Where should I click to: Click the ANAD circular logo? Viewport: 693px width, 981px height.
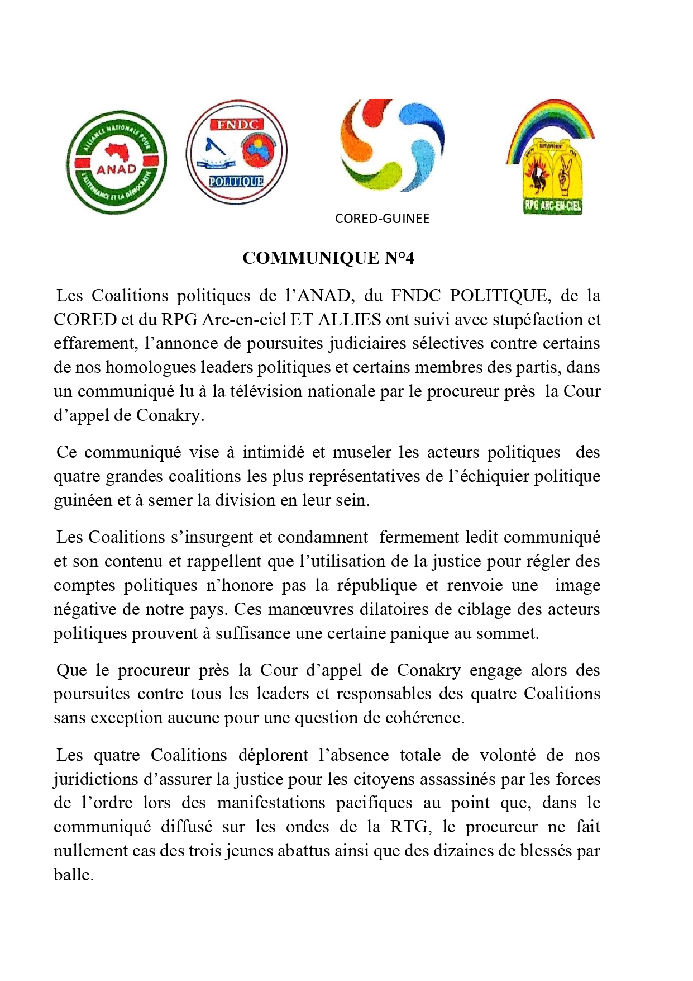pyautogui.click(x=116, y=163)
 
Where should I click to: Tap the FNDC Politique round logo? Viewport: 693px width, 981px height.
pyautogui.click(x=237, y=152)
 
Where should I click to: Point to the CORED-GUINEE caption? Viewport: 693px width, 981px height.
pyautogui.click(x=382, y=219)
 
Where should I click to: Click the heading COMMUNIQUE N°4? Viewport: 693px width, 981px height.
pyautogui.click(x=328, y=258)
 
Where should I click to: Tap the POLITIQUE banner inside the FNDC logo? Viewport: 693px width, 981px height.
pyautogui.click(x=236, y=181)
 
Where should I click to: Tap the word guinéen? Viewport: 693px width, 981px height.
pyautogui.click(x=83, y=500)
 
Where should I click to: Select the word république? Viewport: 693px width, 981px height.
pyautogui.click(x=377, y=585)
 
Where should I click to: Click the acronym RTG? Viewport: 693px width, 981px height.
pyautogui.click(x=410, y=827)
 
